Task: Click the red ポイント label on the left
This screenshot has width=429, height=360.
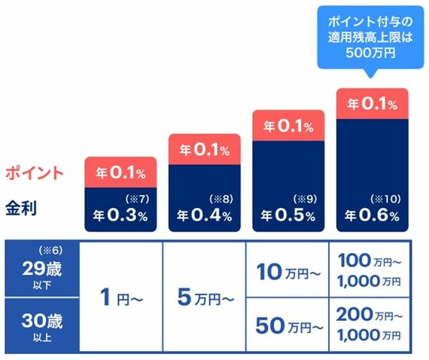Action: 35,173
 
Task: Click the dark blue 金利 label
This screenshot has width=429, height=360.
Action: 21,208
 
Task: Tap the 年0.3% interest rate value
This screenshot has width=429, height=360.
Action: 120,215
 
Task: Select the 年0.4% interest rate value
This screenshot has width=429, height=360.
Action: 205,215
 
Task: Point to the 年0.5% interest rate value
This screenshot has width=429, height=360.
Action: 288,215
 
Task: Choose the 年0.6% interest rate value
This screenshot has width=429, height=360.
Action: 372,215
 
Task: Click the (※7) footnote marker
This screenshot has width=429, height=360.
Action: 137,199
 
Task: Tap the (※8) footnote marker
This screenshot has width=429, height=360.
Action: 221,199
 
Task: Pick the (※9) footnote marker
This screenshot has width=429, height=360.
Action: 305,199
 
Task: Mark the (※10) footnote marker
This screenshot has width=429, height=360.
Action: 386,199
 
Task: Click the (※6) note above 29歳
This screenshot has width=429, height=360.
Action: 50,251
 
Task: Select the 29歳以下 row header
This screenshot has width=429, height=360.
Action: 42,269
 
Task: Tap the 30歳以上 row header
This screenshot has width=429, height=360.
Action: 42,325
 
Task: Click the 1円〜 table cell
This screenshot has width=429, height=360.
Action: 121,297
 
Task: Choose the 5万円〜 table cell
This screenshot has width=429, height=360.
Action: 205,297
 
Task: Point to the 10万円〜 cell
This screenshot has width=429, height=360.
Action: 288,270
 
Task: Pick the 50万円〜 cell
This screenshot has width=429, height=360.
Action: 288,325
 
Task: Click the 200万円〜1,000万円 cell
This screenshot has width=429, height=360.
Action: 370,325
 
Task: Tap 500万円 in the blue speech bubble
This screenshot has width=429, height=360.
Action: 370,52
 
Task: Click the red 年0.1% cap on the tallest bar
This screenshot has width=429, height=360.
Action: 373,104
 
